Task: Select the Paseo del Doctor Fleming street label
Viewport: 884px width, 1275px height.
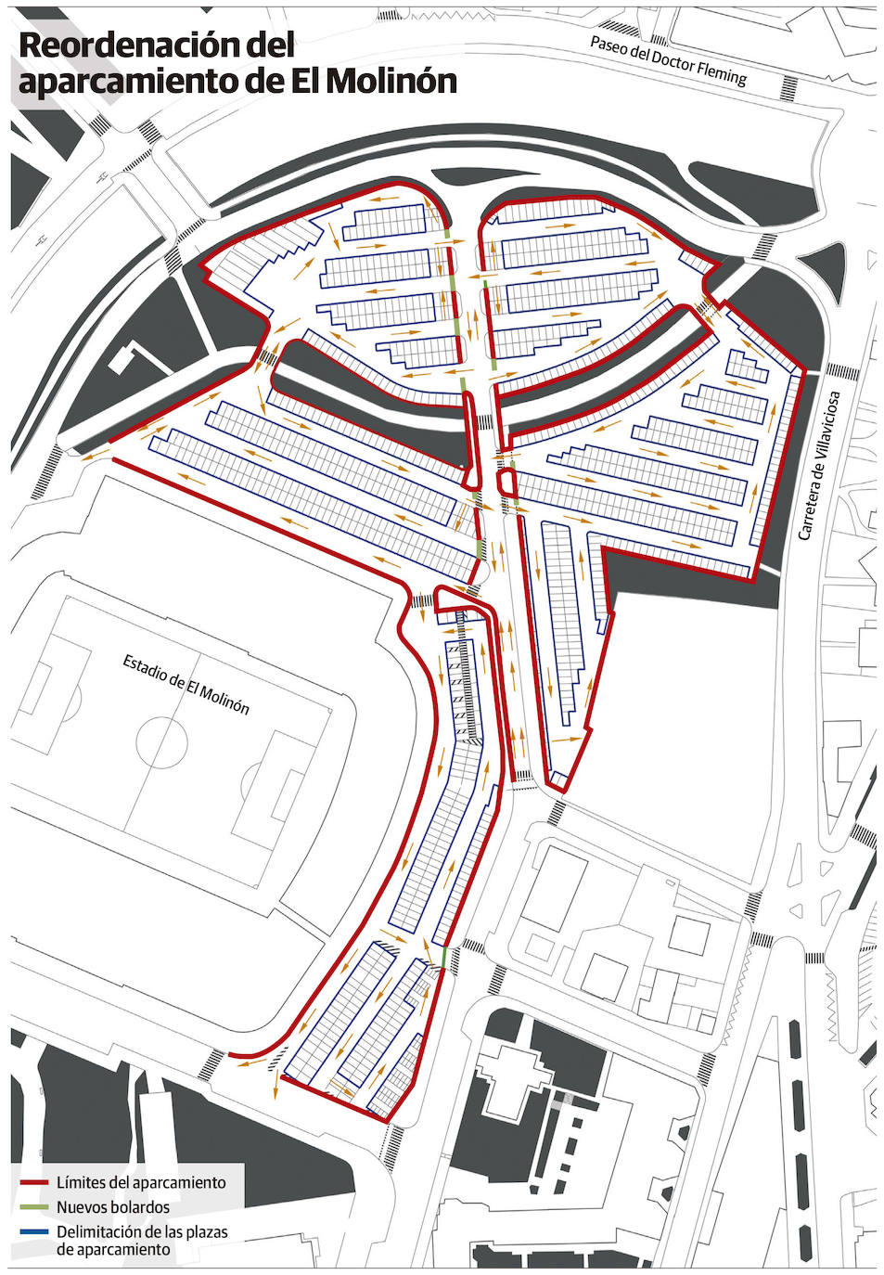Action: pos(668,61)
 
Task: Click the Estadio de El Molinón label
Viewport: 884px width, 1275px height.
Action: pos(186,684)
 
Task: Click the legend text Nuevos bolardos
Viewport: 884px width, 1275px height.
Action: pos(113,1208)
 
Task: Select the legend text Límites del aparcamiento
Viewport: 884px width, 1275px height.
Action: pos(141,1183)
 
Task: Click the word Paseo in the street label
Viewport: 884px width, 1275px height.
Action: pos(609,46)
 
